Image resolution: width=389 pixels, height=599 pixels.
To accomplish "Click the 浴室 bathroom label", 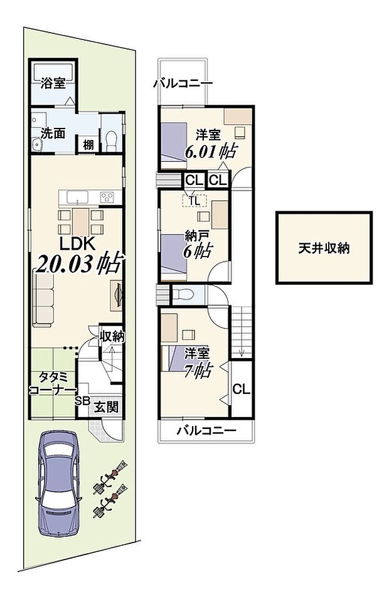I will [x=53, y=82].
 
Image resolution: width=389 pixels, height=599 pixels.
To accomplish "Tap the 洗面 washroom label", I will [x=53, y=133].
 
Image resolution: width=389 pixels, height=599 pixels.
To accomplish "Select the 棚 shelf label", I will [x=89, y=145].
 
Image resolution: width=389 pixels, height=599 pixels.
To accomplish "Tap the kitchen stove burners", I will [x=107, y=198].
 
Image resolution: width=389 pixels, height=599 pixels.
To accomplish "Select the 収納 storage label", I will [x=113, y=337].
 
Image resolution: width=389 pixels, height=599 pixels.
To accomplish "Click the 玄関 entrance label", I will [x=107, y=406].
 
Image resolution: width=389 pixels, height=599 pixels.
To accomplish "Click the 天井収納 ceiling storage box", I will [x=324, y=248].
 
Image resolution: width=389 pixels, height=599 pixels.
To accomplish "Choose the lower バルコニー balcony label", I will [x=206, y=431].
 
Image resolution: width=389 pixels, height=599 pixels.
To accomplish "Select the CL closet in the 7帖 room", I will [x=242, y=390].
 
